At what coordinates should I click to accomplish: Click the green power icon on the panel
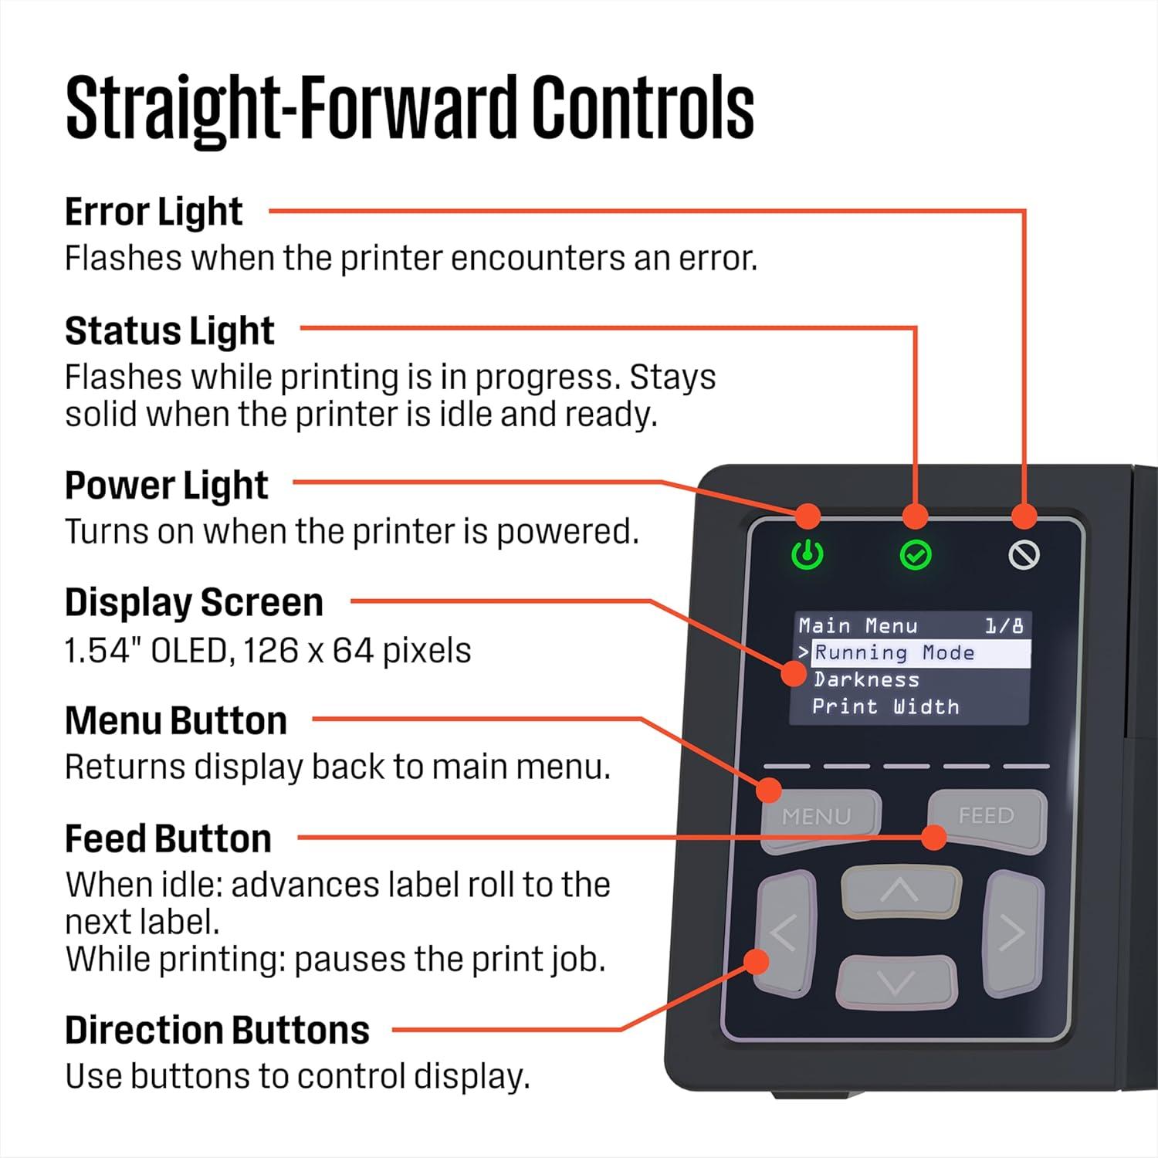(808, 554)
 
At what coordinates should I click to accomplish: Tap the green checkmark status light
(916, 555)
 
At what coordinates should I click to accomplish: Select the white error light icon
(1024, 554)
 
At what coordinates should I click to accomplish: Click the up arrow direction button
(900, 892)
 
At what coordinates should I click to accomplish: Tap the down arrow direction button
(896, 982)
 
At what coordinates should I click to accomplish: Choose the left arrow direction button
(786, 934)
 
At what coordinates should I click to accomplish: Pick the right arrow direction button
(1013, 934)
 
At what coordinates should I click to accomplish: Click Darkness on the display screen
(866, 680)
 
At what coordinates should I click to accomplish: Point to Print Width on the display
(885, 707)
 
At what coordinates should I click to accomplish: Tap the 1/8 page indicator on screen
(1004, 625)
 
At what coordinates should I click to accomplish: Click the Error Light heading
(154, 212)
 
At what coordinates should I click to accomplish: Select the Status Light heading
(170, 331)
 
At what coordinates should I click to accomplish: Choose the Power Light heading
(166, 486)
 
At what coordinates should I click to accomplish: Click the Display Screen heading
(194, 603)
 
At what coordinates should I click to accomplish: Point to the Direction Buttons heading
(217, 1031)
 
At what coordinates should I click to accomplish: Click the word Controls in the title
(642, 107)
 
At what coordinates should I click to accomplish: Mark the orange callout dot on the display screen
(794, 673)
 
